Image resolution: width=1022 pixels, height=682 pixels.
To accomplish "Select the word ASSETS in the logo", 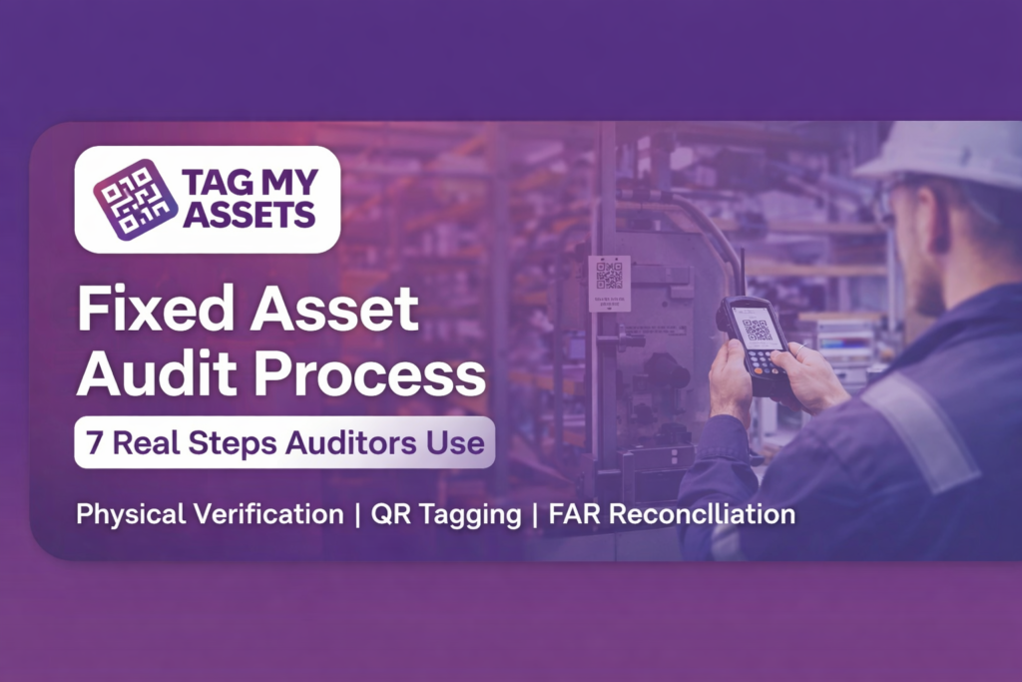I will (249, 215).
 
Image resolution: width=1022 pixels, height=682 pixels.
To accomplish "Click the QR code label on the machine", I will (609, 280).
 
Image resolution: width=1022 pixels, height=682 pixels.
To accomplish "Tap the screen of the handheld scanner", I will (758, 327).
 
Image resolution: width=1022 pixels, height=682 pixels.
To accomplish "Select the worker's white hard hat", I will (947, 155).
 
